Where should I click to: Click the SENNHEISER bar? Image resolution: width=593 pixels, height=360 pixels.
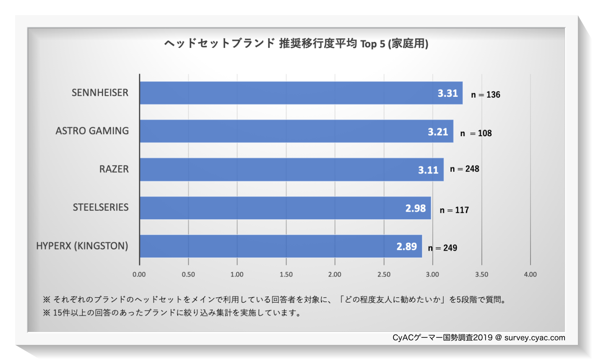[x=301, y=93]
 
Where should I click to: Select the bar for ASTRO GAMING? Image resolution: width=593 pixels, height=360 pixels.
[x=296, y=131]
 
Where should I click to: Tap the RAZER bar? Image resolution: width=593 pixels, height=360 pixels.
[x=291, y=169]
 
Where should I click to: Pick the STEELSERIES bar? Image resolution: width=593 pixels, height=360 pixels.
[x=285, y=208]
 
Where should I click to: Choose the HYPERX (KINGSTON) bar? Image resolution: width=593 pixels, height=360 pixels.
[x=281, y=246]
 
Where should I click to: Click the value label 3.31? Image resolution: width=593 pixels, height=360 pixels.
[x=447, y=93]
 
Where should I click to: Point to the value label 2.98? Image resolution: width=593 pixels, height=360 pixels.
[x=415, y=208]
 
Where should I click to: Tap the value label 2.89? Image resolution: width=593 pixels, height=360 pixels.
[x=406, y=246]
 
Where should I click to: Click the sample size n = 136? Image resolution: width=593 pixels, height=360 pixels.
[x=485, y=95]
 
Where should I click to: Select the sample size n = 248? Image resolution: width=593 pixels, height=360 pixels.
[x=464, y=169]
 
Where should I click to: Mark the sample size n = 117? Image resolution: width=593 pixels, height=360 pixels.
[x=454, y=210]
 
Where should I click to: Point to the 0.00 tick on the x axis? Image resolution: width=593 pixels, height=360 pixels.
[x=139, y=275]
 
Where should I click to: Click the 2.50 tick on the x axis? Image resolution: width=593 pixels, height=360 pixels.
[x=384, y=275]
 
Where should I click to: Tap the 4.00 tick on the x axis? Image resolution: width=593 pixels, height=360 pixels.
[x=530, y=275]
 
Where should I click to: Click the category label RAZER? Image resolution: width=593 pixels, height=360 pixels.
[x=114, y=169]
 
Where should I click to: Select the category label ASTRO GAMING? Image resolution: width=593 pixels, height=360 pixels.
[x=92, y=131]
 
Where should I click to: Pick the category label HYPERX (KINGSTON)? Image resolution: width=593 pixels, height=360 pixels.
[x=82, y=246]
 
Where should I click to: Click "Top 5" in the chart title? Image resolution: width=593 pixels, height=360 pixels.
[x=372, y=44]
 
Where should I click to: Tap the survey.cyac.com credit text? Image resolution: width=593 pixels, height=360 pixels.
[x=534, y=338]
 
